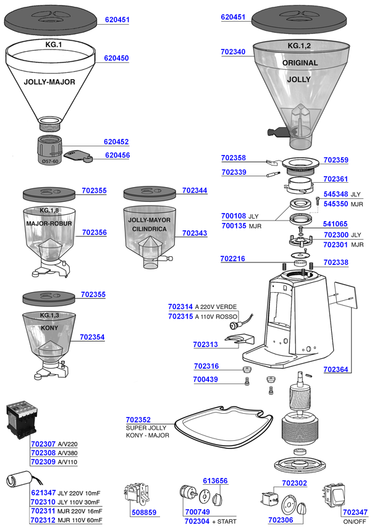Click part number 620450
(116, 58)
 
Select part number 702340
(233, 52)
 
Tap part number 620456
(117, 156)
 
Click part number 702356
(94, 232)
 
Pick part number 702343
(195, 233)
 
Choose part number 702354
(92, 338)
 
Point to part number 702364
(336, 370)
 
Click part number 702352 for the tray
(138, 420)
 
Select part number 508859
(143, 512)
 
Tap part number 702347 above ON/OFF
(355, 512)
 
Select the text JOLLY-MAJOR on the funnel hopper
(49, 82)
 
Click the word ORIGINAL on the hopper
(300, 63)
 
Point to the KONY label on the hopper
(49, 327)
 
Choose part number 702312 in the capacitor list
(43, 520)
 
